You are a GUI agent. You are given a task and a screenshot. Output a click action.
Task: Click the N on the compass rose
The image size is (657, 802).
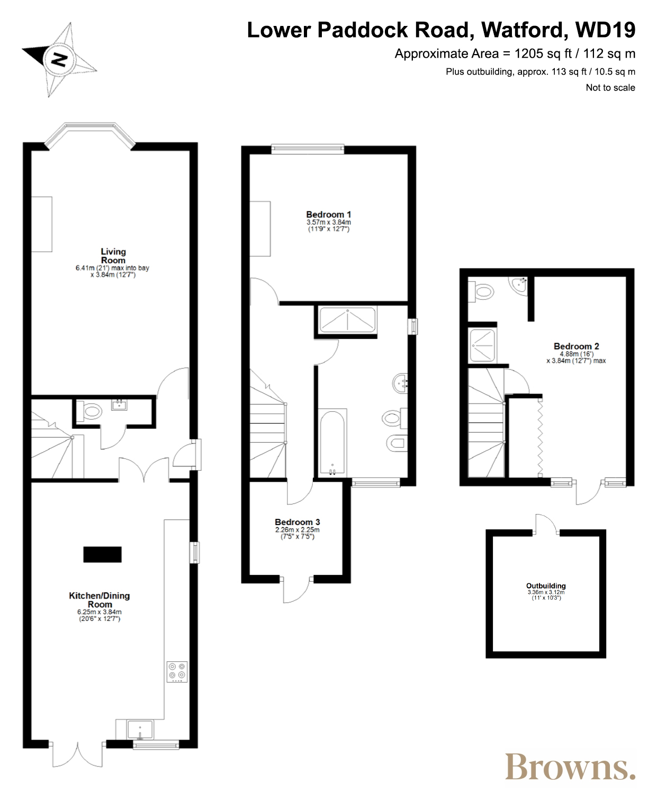tap(59, 59)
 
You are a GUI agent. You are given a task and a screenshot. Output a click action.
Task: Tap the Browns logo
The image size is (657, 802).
tap(570, 767)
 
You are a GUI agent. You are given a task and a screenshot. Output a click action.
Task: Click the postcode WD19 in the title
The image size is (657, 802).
tap(605, 30)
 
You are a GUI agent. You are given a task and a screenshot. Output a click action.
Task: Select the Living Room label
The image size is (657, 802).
tap(113, 256)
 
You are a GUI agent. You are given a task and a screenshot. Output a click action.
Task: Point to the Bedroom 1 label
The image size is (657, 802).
tap(328, 214)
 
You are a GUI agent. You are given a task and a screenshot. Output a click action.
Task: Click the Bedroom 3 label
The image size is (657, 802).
tap(298, 522)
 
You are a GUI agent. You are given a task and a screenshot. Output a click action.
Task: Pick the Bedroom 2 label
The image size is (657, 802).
tap(577, 346)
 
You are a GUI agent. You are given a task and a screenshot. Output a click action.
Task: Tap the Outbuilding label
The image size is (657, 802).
tap(546, 586)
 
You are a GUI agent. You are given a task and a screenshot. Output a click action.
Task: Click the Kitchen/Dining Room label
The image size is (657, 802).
tap(100, 600)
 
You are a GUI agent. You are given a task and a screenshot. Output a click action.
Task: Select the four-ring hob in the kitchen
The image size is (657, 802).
tap(177, 672)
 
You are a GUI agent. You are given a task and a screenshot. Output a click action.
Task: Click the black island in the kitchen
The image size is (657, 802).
tap(102, 554)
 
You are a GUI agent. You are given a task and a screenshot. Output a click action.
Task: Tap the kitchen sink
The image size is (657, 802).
tap(140, 729)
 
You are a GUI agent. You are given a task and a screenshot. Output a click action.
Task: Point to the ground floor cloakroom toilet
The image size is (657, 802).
tap(89, 411)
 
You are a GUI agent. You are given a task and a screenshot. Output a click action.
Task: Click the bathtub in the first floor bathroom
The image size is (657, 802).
tap(332, 443)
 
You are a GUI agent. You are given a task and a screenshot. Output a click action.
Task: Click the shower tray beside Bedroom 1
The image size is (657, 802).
tap(347, 319)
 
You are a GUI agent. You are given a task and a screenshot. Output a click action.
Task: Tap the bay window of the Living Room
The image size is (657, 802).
tap(89, 134)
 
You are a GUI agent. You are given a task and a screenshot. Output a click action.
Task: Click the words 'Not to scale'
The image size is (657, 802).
tap(610, 87)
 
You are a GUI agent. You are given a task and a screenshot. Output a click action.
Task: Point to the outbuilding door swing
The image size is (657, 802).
tap(546, 523)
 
